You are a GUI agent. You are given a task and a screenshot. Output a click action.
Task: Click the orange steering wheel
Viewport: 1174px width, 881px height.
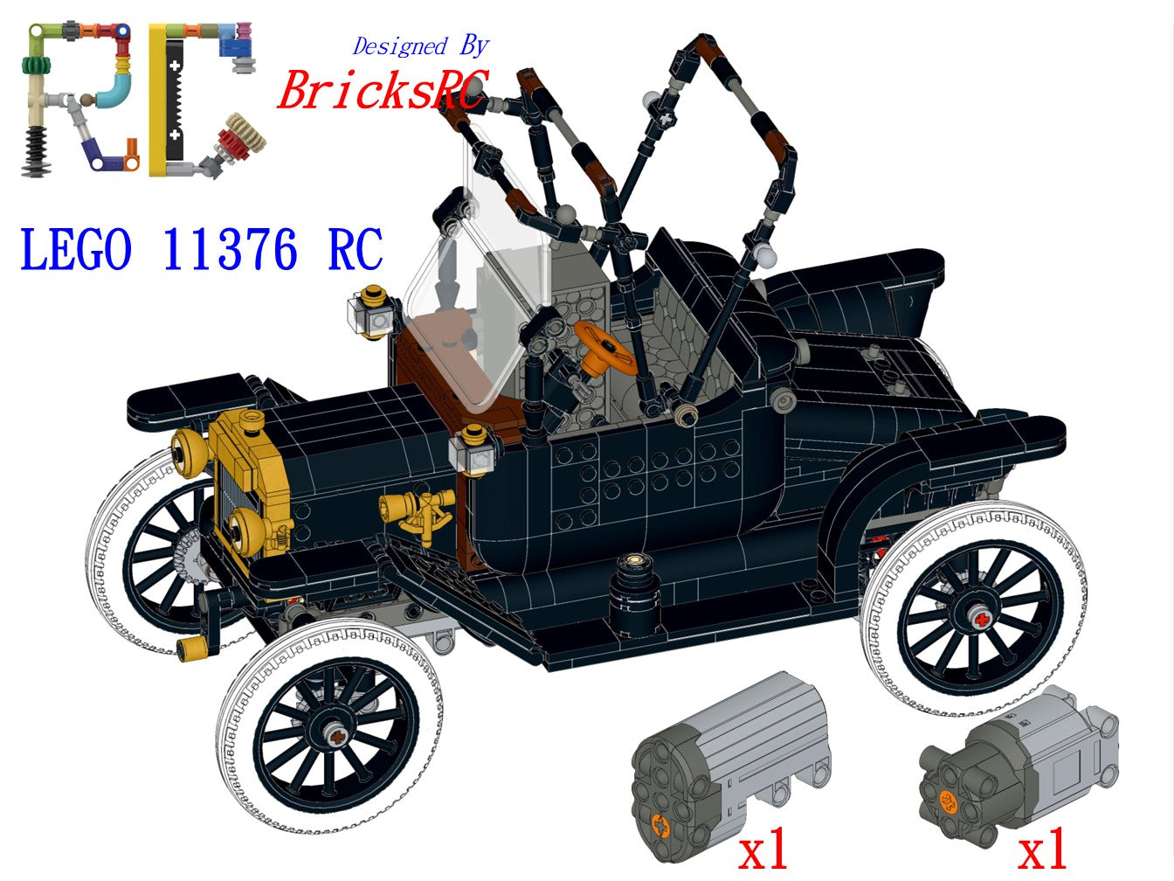(606, 348)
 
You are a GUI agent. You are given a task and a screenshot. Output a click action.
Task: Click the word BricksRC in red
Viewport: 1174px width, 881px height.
(383, 90)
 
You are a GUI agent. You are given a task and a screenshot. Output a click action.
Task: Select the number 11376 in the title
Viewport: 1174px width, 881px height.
(230, 249)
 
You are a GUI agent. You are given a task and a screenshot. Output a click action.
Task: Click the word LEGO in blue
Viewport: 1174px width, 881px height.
(75, 249)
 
